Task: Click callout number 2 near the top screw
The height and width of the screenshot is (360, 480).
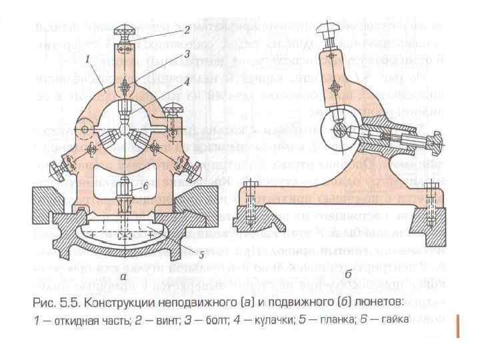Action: click(187, 29)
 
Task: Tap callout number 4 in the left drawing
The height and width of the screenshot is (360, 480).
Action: click(187, 83)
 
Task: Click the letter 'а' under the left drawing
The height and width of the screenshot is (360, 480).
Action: click(124, 274)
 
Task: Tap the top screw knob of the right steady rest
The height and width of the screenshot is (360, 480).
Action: click(327, 29)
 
